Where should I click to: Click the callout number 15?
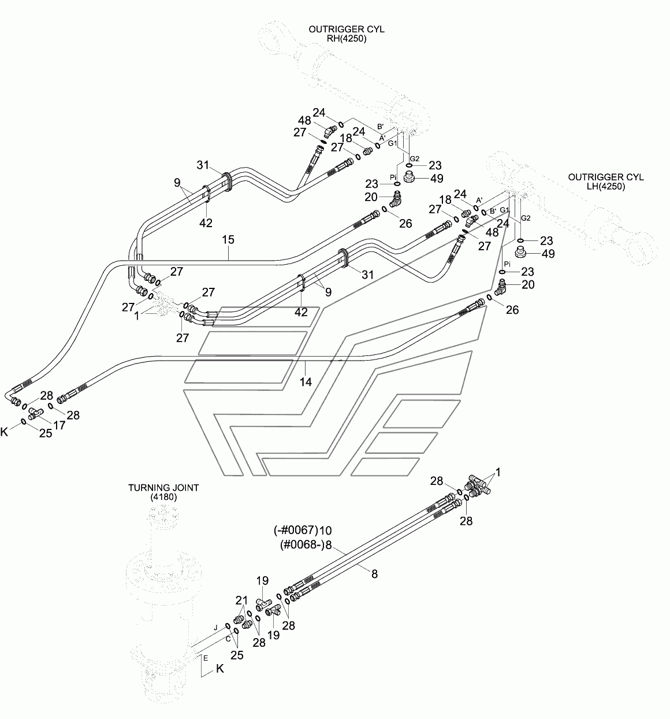pyautogui.click(x=228, y=240)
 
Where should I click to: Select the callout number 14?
pyautogui.click(x=306, y=382)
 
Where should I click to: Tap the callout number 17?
pyautogui.click(x=59, y=425)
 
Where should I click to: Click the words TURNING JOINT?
pyautogui.click(x=163, y=488)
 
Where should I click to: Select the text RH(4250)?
pyautogui.click(x=347, y=39)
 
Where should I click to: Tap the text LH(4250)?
pyautogui.click(x=605, y=187)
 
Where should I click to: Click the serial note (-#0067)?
pyautogui.click(x=296, y=531)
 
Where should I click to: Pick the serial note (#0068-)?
pyautogui.click(x=302, y=545)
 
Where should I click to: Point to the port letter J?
pyautogui.click(x=216, y=628)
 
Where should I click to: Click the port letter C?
pyautogui.click(x=228, y=639)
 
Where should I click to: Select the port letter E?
pyautogui.click(x=206, y=658)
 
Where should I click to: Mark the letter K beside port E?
pyautogui.click(x=219, y=669)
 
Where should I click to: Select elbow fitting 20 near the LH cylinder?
pyautogui.click(x=501, y=287)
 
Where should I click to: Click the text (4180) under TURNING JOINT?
pyautogui.click(x=163, y=497)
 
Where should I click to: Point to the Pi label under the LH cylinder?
pyautogui.click(x=507, y=264)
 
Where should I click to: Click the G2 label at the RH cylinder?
pyautogui.click(x=415, y=158)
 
